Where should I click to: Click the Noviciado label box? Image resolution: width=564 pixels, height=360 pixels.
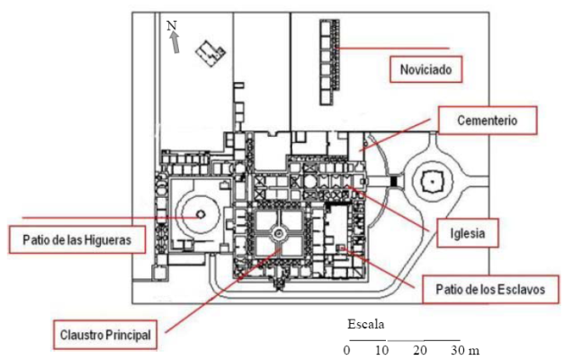tap(425, 69)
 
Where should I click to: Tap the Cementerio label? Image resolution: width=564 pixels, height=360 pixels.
tap(488, 121)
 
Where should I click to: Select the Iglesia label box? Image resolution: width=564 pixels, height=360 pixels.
tap(468, 233)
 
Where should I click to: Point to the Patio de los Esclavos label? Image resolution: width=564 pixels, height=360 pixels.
tap(490, 290)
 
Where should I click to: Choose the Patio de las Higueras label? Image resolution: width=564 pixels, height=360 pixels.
tap(77, 239)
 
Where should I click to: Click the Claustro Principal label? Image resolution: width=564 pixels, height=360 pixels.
tap(105, 335)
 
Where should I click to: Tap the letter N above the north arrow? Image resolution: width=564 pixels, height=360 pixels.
tap(172, 25)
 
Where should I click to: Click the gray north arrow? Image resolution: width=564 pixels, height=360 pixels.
tap(175, 42)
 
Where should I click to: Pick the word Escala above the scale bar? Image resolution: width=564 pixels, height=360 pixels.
tap(366, 324)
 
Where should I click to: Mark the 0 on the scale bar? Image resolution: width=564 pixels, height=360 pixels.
tap(346, 350)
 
